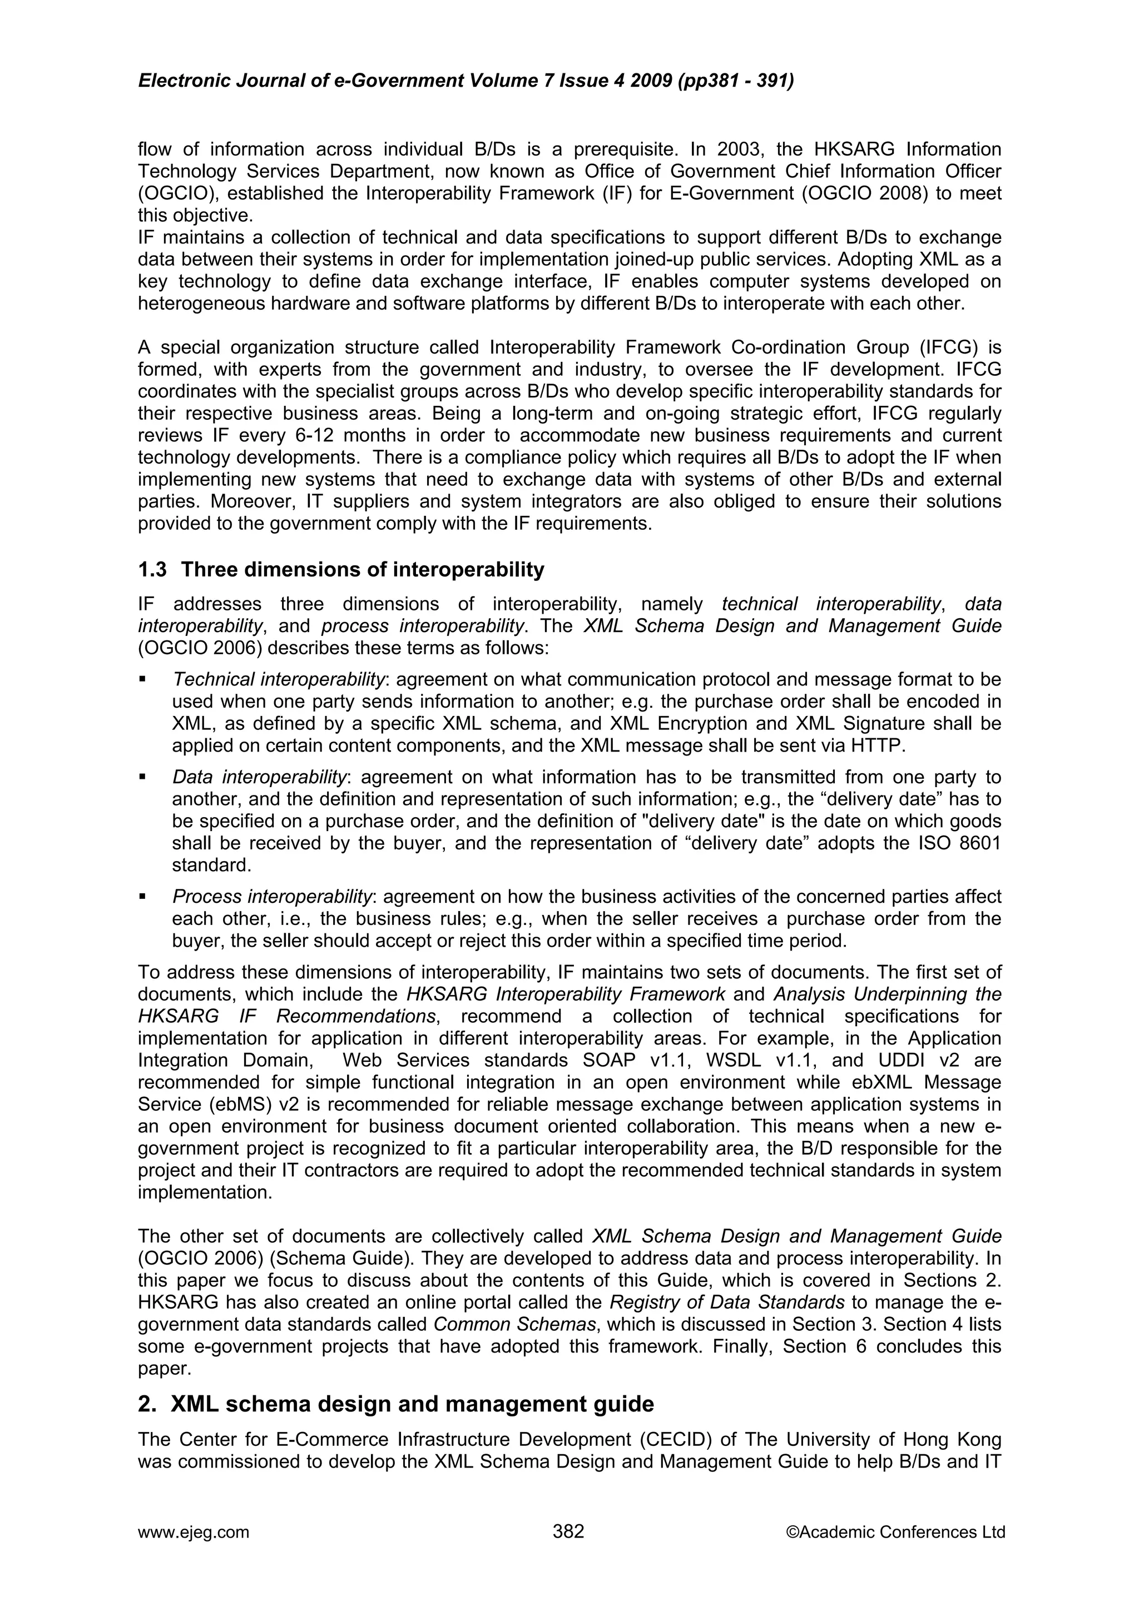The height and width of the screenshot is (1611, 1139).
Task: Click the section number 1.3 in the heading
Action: pos(152,570)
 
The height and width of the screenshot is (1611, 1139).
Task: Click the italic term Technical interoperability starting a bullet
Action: pos(279,680)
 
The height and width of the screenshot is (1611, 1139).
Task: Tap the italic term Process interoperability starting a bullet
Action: pos(273,897)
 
